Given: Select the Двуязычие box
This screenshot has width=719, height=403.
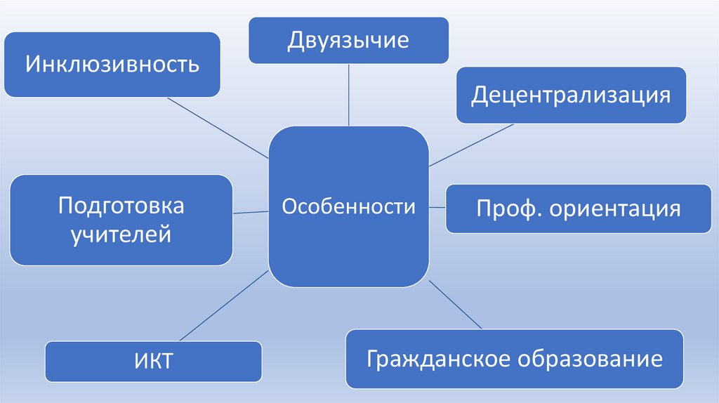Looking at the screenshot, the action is coord(348,41).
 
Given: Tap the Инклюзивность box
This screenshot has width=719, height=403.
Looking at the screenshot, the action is coord(112,65).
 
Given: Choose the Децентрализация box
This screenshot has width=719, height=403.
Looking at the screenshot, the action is coord(570,95).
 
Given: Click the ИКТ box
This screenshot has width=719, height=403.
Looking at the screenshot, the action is coord(153,362).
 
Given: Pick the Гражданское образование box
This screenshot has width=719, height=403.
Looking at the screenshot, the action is coord(514,359).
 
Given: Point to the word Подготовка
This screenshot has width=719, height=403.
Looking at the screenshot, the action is coord(121,206).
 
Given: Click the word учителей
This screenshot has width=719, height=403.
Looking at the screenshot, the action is coord(121,233).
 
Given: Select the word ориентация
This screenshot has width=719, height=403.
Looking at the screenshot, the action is coord(615,209).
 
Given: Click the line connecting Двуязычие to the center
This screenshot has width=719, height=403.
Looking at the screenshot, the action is coord(349,95).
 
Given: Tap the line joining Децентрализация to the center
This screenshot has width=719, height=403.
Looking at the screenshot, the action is coord(470,145).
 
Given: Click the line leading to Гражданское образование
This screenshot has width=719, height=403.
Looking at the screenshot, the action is coord(455,304).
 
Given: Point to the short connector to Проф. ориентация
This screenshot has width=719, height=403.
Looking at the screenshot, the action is coord(437,207).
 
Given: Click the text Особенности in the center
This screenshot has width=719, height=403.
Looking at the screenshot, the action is coord(349,207).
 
